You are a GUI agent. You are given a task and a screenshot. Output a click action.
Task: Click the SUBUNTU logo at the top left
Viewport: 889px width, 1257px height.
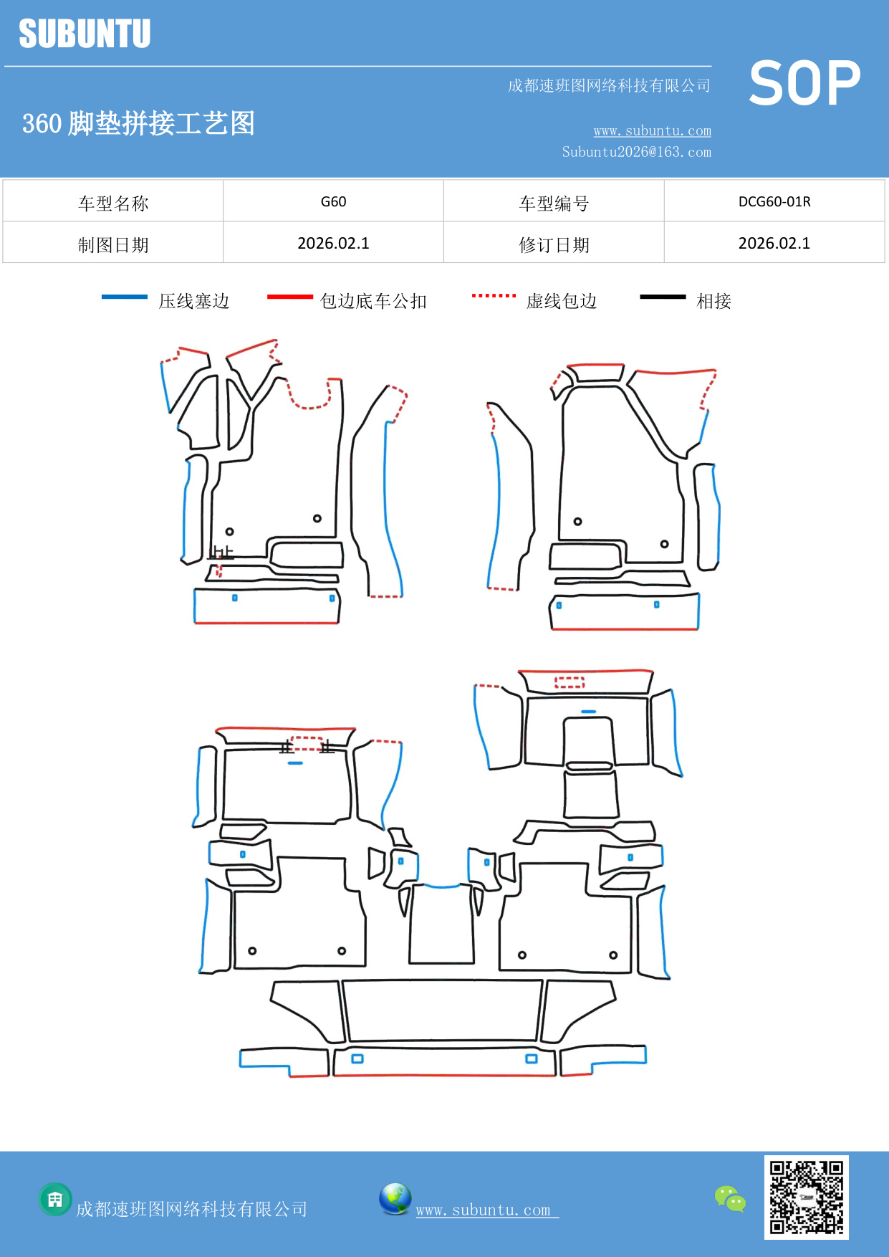coord(85,34)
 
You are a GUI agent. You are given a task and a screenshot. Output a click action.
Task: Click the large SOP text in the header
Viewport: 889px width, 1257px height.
coord(804,84)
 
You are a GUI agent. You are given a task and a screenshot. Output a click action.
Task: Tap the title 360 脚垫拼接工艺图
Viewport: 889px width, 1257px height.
coord(138,123)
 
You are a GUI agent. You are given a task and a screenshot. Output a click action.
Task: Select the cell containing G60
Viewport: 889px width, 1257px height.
coord(333,201)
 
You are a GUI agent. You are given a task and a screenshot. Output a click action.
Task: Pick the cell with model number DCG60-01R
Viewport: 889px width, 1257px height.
coord(774,201)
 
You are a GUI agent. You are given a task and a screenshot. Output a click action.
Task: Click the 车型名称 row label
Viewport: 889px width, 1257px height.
coord(113,204)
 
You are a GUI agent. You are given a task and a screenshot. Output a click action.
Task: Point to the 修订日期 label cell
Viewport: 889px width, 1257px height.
coord(554,245)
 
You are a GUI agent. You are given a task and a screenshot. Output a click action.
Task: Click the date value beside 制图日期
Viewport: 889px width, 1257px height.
coord(333,244)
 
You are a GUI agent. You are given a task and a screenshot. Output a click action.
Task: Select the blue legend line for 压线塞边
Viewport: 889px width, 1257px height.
coord(125,297)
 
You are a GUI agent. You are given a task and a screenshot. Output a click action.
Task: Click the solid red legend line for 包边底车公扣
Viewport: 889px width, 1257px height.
coord(289,297)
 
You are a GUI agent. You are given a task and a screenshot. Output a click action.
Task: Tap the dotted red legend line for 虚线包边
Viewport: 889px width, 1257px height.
coord(494,295)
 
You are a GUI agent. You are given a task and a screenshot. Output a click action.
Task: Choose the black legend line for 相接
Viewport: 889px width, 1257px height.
coord(663,297)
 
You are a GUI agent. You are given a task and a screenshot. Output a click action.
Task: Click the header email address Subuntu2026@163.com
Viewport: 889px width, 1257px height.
coord(636,152)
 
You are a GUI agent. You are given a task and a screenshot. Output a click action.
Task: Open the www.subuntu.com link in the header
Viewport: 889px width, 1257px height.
coord(652,131)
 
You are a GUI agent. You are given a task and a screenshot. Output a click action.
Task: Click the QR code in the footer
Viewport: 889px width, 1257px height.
coord(806,1197)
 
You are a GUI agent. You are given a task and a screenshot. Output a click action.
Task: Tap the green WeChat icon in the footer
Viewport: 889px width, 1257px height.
coord(730,1198)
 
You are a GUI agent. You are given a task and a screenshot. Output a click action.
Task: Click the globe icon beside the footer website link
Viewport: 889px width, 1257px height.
coord(395,1199)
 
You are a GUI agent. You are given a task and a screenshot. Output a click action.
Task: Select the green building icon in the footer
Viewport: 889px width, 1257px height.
coord(55,1199)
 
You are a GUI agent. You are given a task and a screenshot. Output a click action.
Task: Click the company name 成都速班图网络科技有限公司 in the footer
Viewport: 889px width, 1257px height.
coord(191,1210)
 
